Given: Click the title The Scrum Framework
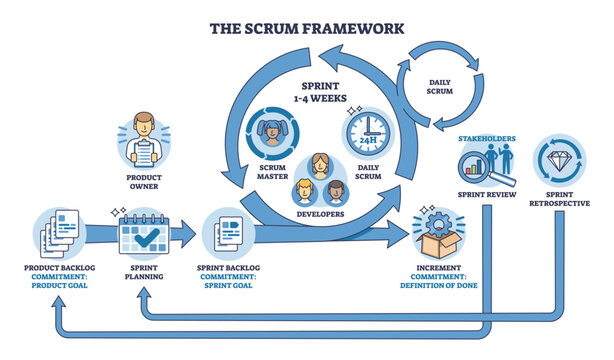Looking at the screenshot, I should pyautogui.click(x=306, y=28).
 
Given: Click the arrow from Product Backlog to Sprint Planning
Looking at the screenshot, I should pyautogui.click(x=100, y=236).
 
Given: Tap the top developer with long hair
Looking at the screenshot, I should pyautogui.click(x=321, y=166).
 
